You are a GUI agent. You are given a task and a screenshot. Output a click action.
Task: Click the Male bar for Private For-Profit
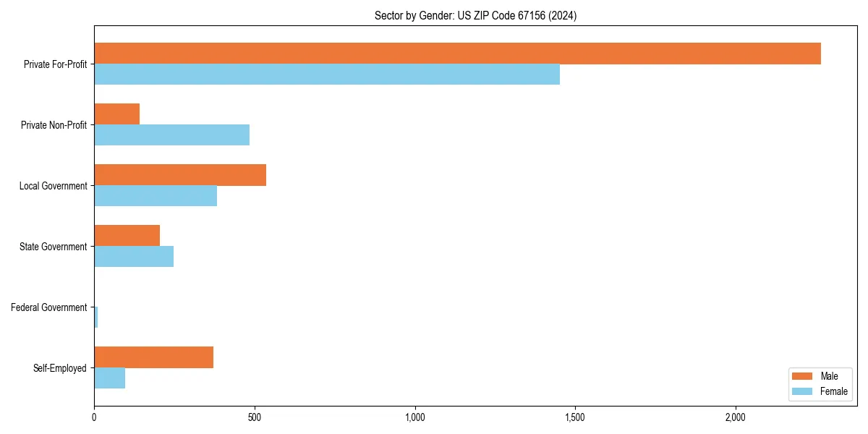[457, 54]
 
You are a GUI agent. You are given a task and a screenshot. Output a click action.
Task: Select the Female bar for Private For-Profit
[327, 75]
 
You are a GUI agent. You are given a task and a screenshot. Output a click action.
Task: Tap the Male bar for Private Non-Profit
[116, 114]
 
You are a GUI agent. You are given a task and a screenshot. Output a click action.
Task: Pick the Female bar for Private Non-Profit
[171, 135]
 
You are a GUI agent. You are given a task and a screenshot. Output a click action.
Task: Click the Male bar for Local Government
[180, 175]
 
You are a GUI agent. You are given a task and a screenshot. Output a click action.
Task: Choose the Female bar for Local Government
[156, 196]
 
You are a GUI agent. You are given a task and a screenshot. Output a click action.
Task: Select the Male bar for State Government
[127, 236]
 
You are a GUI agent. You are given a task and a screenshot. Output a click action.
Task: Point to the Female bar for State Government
[134, 257]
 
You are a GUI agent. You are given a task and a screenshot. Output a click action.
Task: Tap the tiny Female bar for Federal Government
[95, 318]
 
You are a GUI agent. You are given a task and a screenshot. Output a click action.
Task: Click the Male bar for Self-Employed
[153, 357]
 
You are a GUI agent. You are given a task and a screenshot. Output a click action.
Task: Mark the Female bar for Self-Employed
[109, 378]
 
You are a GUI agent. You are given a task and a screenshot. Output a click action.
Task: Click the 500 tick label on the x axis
[255, 417]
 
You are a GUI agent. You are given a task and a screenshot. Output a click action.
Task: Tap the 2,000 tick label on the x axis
[736, 417]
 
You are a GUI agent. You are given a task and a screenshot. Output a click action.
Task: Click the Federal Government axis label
[49, 307]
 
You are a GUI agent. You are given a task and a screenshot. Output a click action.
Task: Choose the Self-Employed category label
[60, 368]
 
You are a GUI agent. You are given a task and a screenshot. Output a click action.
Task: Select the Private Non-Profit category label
[54, 125]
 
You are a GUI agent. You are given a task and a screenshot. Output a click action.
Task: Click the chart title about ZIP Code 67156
[475, 15]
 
